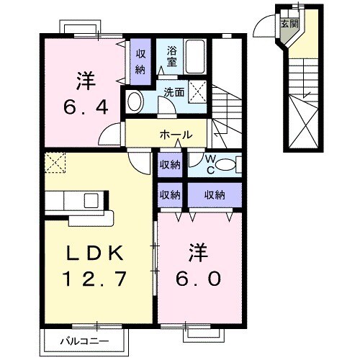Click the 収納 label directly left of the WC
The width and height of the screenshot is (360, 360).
pyautogui.click(x=169, y=165)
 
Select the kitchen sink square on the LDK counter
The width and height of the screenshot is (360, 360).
pyautogui.click(x=92, y=199)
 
